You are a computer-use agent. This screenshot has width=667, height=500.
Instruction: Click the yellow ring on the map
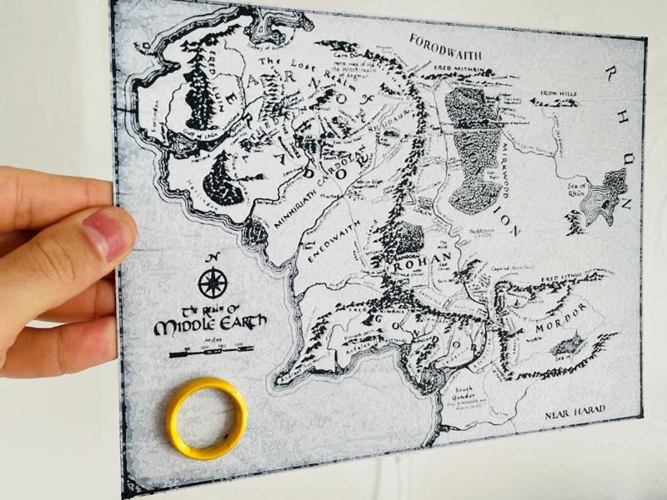[207, 418]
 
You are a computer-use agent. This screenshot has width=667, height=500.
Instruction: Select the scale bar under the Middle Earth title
[200, 352]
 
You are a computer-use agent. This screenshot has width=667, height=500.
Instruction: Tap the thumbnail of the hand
[108, 232]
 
